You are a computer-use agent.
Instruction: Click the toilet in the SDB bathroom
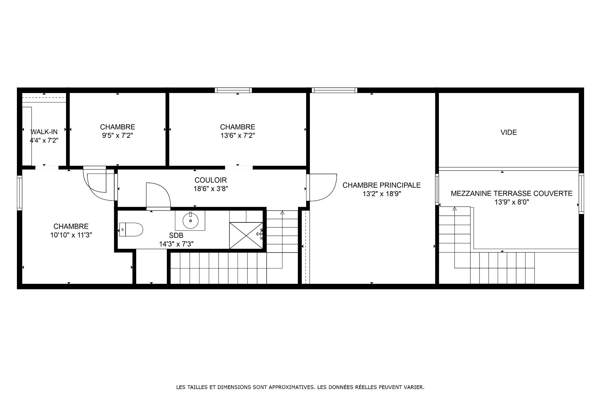point(131,230)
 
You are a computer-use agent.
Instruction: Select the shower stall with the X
point(246,236)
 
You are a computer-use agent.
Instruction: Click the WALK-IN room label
point(44,132)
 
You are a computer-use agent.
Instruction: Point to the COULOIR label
point(211,180)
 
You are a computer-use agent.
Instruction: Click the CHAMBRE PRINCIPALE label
point(382,185)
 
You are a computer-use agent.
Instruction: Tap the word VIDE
point(509,133)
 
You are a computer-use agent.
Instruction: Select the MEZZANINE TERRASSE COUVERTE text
point(511,194)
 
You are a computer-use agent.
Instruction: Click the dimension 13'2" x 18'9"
point(382,194)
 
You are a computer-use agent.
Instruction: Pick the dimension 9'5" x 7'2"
point(118,136)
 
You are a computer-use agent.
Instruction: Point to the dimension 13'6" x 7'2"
point(238,136)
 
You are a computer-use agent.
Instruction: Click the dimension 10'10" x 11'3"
point(71,235)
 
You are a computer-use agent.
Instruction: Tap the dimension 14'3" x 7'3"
point(176,244)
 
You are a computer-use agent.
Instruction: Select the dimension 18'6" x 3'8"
point(211,189)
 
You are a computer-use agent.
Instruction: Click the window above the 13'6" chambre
point(233,90)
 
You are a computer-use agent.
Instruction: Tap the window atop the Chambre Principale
point(334,90)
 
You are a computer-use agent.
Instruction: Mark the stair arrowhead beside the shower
point(282,213)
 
